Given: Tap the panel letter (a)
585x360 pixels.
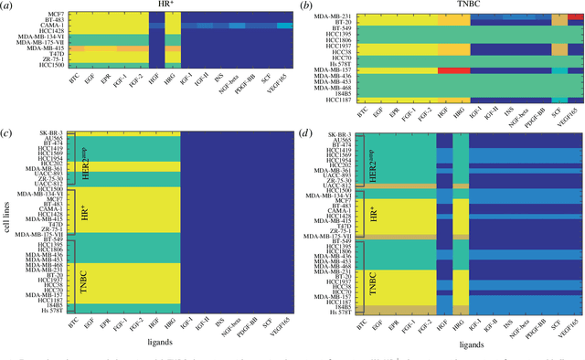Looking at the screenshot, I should click(x=9, y=5).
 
